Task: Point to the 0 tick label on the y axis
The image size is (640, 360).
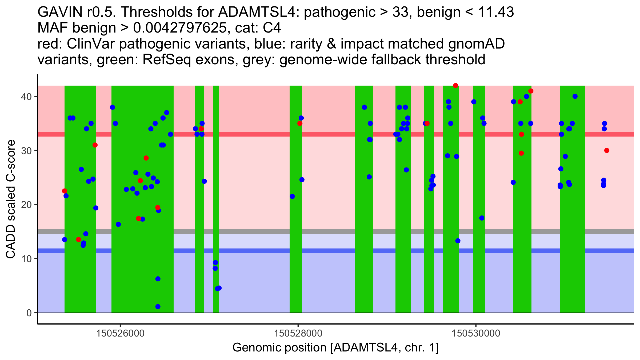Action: pyautogui.click(x=29, y=313)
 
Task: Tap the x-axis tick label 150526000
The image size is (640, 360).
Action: pyautogui.click(x=120, y=333)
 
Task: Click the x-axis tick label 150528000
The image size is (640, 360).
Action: pyautogui.click(x=298, y=333)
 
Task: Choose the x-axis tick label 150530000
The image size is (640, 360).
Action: pyautogui.click(x=476, y=333)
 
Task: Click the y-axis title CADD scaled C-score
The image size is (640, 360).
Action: pyautogui.click(x=11, y=199)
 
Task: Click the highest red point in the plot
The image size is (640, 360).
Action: pyautogui.click(x=455, y=86)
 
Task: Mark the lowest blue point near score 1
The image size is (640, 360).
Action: pyautogui.click(x=158, y=307)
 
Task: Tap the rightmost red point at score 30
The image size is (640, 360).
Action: pyautogui.click(x=607, y=151)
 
